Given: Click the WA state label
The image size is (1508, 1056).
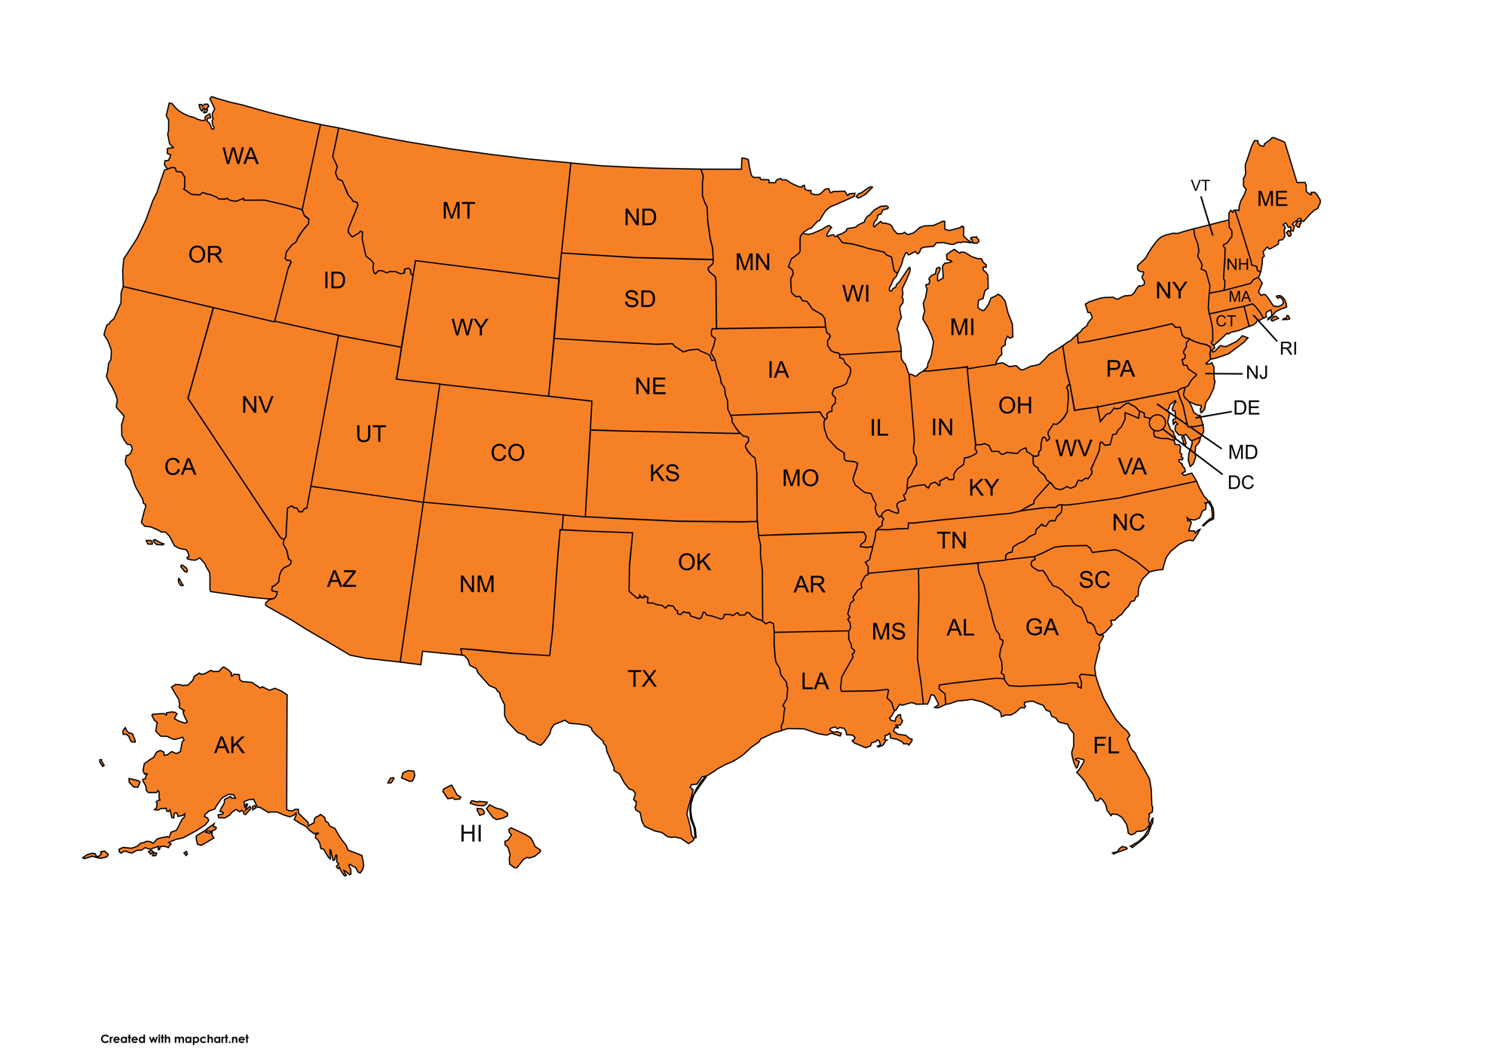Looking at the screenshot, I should (241, 156).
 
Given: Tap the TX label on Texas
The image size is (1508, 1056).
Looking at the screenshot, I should (642, 679).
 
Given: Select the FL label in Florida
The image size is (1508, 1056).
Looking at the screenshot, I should (1106, 746).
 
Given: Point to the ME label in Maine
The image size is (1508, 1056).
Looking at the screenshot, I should (1272, 199).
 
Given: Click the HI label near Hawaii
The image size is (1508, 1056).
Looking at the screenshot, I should (471, 833).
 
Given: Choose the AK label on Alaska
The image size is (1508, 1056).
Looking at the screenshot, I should (229, 745).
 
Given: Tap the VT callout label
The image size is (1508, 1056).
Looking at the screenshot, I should (1200, 186).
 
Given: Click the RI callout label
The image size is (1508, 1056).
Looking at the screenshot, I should (1289, 348).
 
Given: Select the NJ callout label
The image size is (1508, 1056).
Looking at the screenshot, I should (1257, 373).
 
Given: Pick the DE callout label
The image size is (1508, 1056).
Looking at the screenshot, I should (1246, 408).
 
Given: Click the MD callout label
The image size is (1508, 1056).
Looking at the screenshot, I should (1243, 452).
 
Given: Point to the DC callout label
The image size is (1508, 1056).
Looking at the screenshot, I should (1240, 483).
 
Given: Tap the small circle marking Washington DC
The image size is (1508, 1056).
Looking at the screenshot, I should (1157, 423).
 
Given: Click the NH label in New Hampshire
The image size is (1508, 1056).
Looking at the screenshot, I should (1237, 265).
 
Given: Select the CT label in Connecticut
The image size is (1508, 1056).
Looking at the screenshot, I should (1226, 321).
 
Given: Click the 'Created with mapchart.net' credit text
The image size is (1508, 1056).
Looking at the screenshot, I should (174, 1039).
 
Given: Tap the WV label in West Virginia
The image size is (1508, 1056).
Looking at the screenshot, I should (1073, 449).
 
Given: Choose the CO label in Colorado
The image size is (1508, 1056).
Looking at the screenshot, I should (507, 453).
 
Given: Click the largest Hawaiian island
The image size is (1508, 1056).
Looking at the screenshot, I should (521, 847).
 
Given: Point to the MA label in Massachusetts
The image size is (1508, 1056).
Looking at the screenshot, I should (1240, 297).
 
